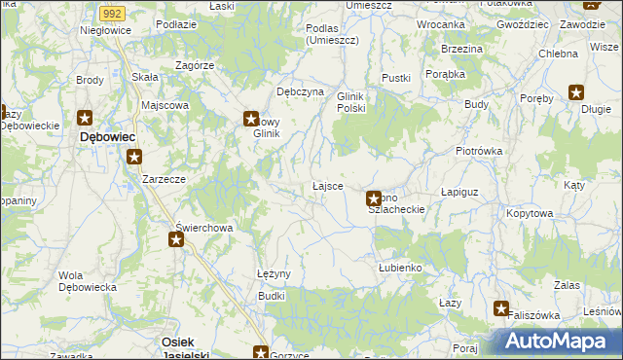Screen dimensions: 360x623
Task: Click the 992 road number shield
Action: [x=111, y=13]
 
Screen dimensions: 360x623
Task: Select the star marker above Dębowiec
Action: [x=85, y=119]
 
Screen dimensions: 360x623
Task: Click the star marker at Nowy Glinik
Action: [x=250, y=119]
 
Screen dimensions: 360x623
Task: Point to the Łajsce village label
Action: [x=327, y=185]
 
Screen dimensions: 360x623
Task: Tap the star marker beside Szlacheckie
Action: [x=373, y=199]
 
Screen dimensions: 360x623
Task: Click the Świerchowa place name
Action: [x=203, y=228]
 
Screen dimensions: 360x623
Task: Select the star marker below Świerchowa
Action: [x=175, y=239]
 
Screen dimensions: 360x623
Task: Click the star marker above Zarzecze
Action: [x=134, y=156]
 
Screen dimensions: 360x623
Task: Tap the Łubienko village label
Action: [x=399, y=267]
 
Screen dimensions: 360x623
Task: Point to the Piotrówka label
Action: [x=478, y=151]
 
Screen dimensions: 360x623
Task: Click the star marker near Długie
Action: [x=576, y=93]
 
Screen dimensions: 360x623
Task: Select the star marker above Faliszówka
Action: [x=501, y=309]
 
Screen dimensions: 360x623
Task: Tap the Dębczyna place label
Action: [x=300, y=90]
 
